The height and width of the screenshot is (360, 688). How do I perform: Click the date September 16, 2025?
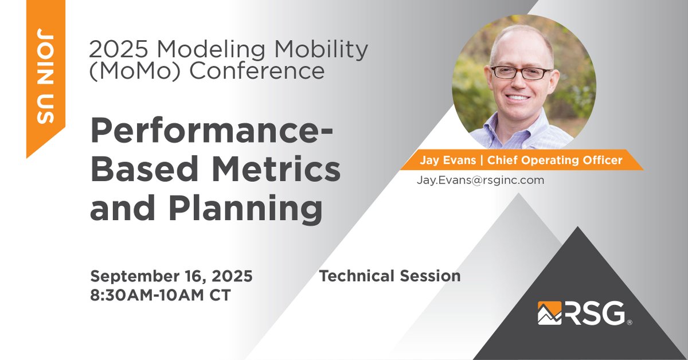(171, 276)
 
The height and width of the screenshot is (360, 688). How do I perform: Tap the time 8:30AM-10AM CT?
(161, 296)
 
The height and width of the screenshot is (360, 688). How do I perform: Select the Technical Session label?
(389, 276)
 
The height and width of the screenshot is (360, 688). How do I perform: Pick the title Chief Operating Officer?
(554, 161)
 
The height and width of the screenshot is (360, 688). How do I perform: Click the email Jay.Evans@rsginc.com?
(480, 180)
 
